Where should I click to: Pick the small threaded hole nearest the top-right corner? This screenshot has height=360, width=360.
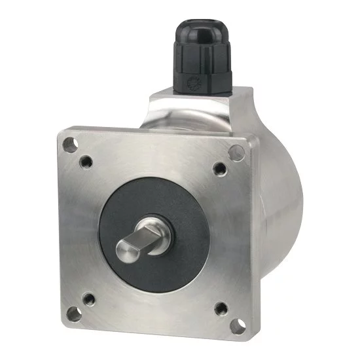(x=218, y=169)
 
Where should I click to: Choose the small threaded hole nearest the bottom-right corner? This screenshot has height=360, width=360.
(x=220, y=306)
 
